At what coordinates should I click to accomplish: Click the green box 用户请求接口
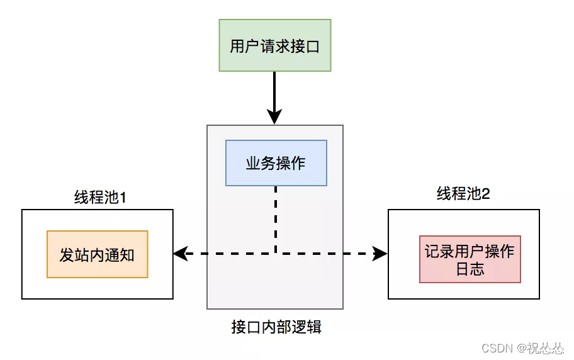pos(274,46)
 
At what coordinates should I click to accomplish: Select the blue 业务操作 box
pos(276,163)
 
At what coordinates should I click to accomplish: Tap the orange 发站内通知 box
pos(97,254)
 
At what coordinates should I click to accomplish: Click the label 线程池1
pos(101,197)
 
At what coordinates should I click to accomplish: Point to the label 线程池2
pos(463,193)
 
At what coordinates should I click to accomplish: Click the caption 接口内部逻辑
pos(276,327)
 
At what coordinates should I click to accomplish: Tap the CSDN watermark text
pos(522,348)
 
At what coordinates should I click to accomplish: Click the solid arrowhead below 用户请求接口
pos(274,117)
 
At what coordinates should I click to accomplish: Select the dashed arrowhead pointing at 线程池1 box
pos(180,254)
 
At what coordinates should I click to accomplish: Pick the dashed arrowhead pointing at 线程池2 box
pos(380,254)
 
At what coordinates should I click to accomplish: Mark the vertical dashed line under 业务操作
pos(276,217)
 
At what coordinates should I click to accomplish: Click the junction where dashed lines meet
pos(276,254)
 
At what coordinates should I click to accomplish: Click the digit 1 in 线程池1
pos(123,197)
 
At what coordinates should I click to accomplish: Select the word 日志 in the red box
pos(470,269)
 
